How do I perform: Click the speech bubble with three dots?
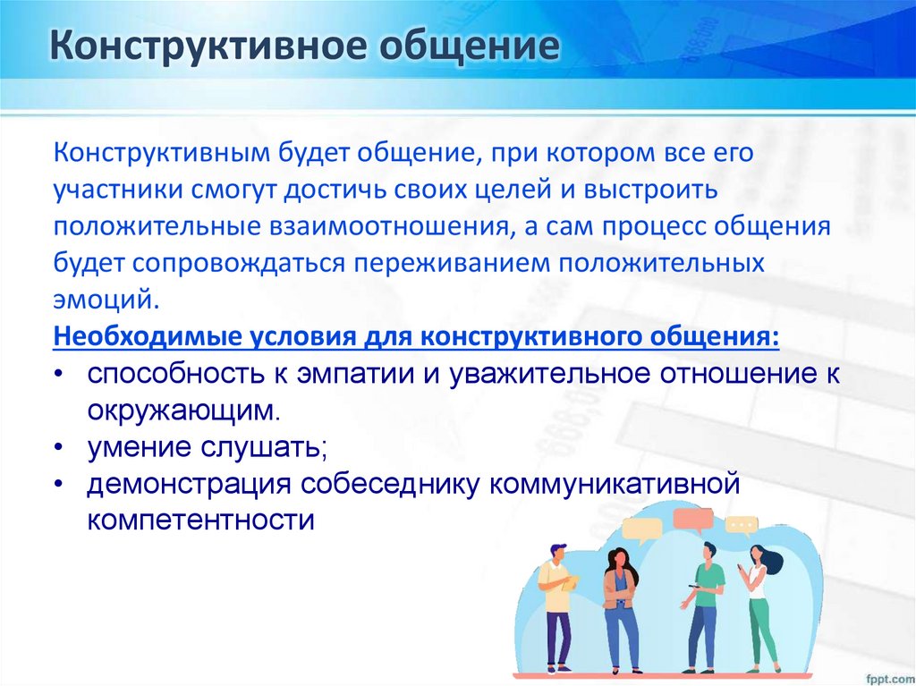pyautogui.click(x=742, y=525)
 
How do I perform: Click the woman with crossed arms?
pyautogui.click(x=620, y=608)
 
